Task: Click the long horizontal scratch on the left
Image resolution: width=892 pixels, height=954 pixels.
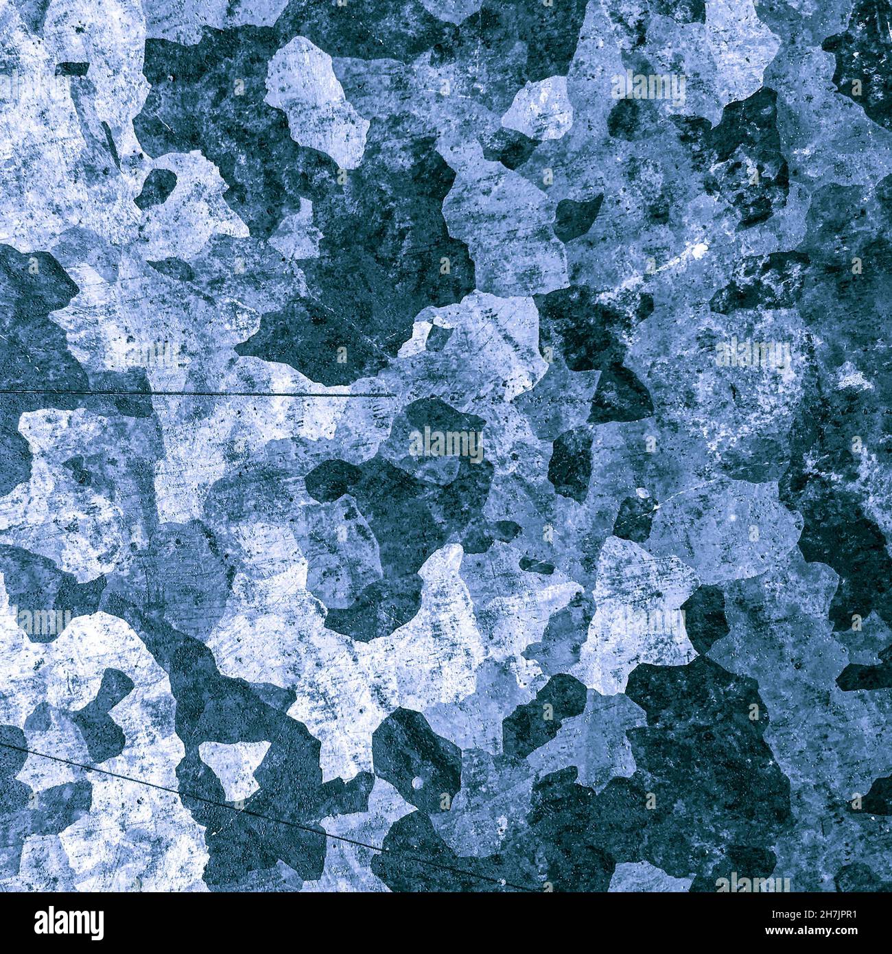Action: coord(192,394)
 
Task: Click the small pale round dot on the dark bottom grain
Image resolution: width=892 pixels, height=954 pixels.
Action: coord(417,782)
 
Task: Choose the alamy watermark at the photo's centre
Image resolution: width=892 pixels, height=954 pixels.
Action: coord(446,443)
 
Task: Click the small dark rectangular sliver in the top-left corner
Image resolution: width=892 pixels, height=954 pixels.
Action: coord(72,69)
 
